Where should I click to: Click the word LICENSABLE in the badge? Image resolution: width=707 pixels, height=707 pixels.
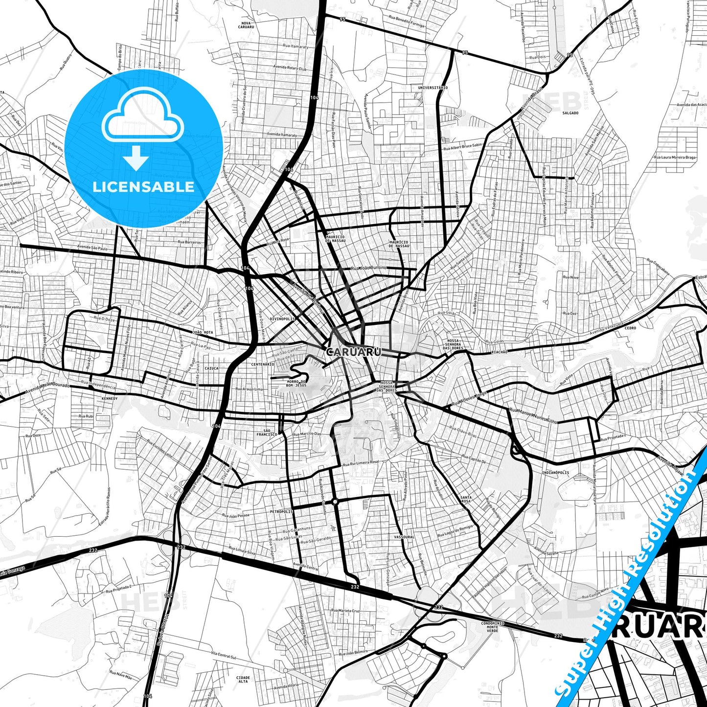point(143,186)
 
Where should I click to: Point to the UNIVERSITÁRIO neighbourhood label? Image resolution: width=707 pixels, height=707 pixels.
point(433,88)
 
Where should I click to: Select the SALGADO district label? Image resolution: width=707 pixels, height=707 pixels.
point(570,113)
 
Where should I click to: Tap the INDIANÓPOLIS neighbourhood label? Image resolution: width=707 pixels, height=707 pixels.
point(555,473)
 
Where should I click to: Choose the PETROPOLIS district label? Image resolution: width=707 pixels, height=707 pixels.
point(281,511)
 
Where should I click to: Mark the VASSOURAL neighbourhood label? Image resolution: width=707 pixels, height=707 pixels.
point(404,537)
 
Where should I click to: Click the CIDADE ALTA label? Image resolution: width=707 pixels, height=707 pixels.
point(243,679)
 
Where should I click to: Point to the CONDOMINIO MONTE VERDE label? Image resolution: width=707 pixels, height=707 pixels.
point(492,627)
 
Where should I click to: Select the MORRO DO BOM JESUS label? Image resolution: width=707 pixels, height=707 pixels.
point(296,383)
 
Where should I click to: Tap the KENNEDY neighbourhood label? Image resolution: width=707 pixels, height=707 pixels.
point(110,399)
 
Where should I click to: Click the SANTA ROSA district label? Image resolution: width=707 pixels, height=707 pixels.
point(466,500)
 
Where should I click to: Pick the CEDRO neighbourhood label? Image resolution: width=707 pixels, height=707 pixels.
point(630,328)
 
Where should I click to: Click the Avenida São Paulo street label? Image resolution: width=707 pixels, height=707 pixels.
point(92,248)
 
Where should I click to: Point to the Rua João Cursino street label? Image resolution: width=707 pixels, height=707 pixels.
point(369,268)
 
